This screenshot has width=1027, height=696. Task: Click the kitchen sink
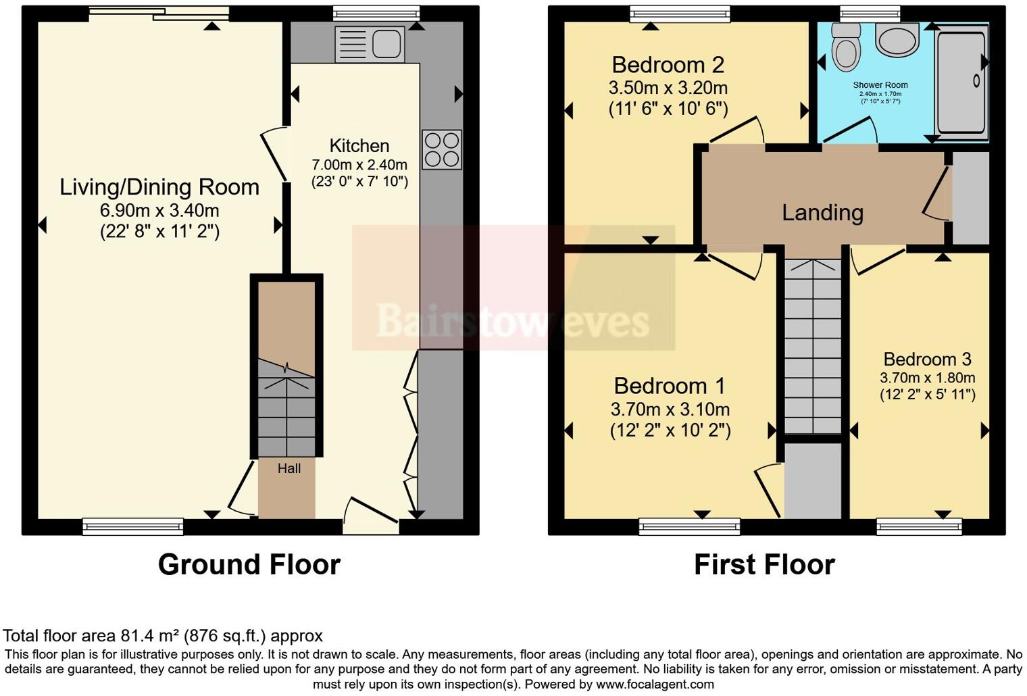pyautogui.click(x=370, y=45)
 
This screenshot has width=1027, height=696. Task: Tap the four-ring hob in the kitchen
pyautogui.click(x=442, y=149)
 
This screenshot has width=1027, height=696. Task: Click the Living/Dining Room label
pyautogui.click(x=159, y=187)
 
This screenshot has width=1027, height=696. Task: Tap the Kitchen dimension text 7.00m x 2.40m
pyautogui.click(x=359, y=164)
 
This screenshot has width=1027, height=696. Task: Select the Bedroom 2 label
pyautogui.click(x=668, y=65)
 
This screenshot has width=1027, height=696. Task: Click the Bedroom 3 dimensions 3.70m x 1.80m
pyautogui.click(x=927, y=378)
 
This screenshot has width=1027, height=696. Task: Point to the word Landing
pyautogui.click(x=822, y=213)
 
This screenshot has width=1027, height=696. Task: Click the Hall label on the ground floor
pyautogui.click(x=289, y=468)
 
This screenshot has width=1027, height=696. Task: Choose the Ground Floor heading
pyautogui.click(x=249, y=564)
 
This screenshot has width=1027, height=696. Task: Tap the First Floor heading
pyautogui.click(x=764, y=564)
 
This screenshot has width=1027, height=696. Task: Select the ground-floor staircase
pyautogui.click(x=286, y=409)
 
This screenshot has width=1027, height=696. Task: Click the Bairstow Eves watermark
pyautogui.click(x=513, y=320)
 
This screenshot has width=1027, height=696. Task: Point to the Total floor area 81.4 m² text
pyautogui.click(x=163, y=636)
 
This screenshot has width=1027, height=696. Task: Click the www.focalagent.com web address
pyautogui.click(x=655, y=684)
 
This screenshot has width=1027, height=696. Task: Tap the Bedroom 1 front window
pyautogui.click(x=689, y=526)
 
